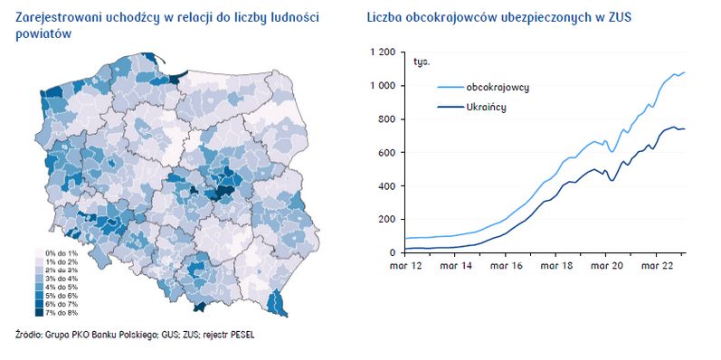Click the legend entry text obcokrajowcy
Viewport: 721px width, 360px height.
[498, 87]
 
